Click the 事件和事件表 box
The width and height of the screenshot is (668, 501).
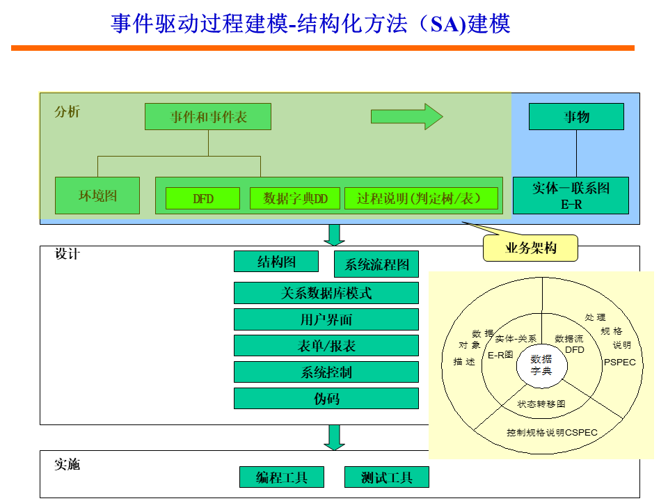(x=208, y=117)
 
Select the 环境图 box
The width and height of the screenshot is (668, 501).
(x=97, y=196)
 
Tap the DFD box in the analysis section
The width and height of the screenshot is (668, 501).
(x=202, y=198)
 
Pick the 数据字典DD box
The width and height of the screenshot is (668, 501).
(x=295, y=198)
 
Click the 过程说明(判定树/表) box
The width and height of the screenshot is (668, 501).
(x=422, y=198)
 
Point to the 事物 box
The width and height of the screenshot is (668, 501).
(x=576, y=116)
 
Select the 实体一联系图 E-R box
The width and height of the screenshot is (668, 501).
(x=571, y=196)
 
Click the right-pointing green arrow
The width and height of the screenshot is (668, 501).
(x=406, y=116)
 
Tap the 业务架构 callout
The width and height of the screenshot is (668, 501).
(x=530, y=248)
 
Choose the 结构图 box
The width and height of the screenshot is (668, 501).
(x=276, y=262)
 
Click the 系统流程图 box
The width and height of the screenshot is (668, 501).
(x=376, y=264)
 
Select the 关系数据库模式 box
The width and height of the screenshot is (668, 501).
(x=326, y=293)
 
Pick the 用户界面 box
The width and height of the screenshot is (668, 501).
(x=326, y=319)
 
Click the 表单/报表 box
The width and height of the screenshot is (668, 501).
(x=326, y=346)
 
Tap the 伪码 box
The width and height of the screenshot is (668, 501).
(x=326, y=399)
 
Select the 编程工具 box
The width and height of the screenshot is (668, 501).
(x=283, y=477)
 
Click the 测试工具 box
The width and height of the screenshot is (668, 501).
(x=387, y=477)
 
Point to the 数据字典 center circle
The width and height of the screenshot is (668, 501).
(x=541, y=365)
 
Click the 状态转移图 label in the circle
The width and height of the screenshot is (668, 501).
(x=541, y=404)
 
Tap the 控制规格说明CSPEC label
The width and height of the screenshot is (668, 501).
(x=552, y=432)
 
